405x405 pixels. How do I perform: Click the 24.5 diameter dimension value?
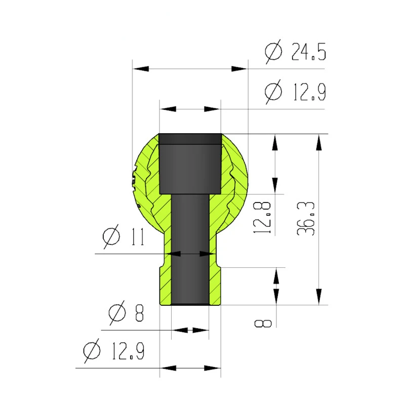click(x=309, y=52)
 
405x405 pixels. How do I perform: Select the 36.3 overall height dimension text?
click(x=306, y=219)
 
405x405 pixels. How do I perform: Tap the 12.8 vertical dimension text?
click(x=262, y=218)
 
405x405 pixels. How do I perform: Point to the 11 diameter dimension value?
click(x=138, y=236)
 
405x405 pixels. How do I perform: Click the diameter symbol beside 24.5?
click(x=273, y=52)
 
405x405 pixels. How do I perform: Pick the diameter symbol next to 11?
click(x=111, y=236)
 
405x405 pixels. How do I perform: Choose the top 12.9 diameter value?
click(x=310, y=92)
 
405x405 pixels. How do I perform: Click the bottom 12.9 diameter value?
click(x=128, y=351)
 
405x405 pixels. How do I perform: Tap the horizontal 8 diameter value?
click(x=139, y=313)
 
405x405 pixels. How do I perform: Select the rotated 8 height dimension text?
click(x=263, y=323)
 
